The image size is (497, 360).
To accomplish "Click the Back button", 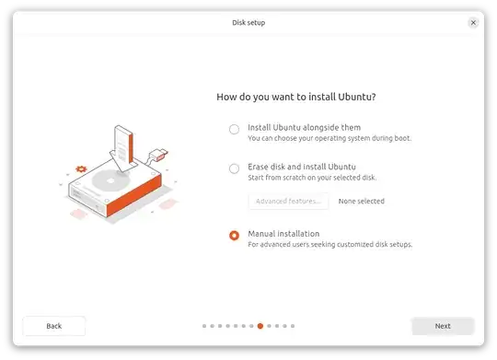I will (x=54, y=326).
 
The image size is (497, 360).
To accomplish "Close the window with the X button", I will (x=473, y=22).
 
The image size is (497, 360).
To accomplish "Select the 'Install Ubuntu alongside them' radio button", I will (x=234, y=129).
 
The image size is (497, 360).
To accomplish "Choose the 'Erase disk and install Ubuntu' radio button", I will (x=234, y=168).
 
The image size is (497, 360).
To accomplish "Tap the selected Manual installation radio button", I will (x=234, y=235).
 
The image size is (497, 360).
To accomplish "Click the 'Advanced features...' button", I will (x=288, y=201).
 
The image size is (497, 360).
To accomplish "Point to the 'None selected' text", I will (x=361, y=201).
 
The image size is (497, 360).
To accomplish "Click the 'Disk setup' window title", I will (x=248, y=22).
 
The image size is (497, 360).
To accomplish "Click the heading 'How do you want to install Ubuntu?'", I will (x=296, y=97).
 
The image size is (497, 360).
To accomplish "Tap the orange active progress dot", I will (x=260, y=326).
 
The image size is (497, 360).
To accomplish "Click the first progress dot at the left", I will (x=204, y=326).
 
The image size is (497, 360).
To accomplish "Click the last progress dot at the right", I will (x=293, y=326).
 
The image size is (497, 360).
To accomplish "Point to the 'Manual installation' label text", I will (x=283, y=234).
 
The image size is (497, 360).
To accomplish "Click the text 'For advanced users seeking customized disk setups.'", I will (x=329, y=245).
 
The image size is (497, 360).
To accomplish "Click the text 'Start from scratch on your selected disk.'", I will (x=312, y=178).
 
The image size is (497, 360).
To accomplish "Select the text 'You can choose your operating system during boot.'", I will (x=329, y=138).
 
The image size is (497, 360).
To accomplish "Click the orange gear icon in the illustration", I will (x=82, y=169).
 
